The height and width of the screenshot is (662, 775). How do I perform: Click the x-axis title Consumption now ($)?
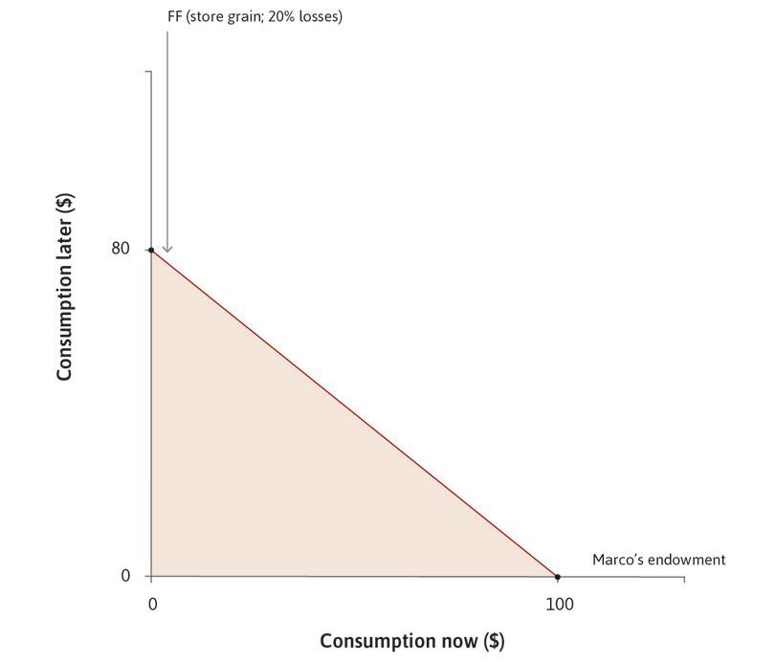(x=411, y=640)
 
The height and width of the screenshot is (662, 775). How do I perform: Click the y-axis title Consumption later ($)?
(x=65, y=287)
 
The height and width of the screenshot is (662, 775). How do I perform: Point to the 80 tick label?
(x=120, y=249)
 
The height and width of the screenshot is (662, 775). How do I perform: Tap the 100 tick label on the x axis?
(x=559, y=605)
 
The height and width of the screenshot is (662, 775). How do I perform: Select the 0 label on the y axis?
(x=124, y=576)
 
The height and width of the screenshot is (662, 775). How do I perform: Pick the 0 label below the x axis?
(x=152, y=605)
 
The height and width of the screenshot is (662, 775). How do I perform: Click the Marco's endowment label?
(x=658, y=560)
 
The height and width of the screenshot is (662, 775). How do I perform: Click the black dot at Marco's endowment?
(x=558, y=577)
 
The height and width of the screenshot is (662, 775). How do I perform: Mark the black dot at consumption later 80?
(x=151, y=250)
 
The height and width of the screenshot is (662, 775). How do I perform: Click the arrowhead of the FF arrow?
(x=167, y=250)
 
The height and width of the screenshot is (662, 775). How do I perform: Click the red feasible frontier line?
(x=354, y=413)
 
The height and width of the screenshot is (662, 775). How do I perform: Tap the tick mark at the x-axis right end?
(x=684, y=580)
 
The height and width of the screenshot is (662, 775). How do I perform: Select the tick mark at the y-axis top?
(x=148, y=71)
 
